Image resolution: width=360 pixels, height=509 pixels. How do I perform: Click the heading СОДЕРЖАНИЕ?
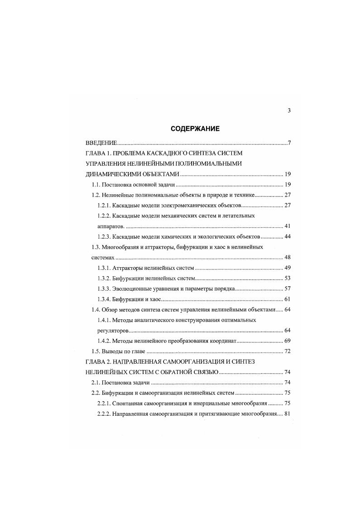coord(195,129)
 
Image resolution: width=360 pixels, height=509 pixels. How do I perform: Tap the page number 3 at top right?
coord(288,110)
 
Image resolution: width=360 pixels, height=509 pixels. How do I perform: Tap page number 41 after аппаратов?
coord(287,226)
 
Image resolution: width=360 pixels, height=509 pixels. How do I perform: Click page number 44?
coord(287,237)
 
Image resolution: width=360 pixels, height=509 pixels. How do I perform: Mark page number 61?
coord(287,299)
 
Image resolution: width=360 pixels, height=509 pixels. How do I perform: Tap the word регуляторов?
coord(113,330)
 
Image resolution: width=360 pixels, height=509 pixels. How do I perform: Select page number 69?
coord(287,341)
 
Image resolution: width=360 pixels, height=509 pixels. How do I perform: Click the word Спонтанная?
coord(132,403)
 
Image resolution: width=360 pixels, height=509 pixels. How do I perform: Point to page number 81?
coord(287,413)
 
